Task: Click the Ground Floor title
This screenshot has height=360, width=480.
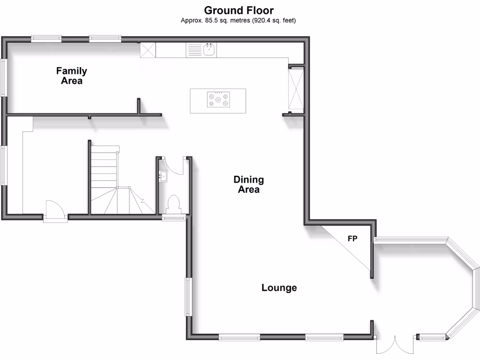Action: (x=239, y=10)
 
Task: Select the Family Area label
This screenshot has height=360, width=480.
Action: (x=71, y=76)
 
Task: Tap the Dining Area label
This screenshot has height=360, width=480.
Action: (x=248, y=185)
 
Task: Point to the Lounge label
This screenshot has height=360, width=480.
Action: (x=279, y=288)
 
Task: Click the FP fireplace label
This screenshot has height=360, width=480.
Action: (x=352, y=239)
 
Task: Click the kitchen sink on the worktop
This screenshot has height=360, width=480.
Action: (x=209, y=50)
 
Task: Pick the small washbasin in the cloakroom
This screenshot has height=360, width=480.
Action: (x=163, y=176)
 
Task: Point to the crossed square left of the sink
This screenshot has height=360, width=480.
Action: (x=148, y=50)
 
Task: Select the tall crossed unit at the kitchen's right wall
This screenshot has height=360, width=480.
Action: (x=296, y=89)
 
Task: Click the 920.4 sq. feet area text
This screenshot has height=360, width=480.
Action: (x=274, y=21)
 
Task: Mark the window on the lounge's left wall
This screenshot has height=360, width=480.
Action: (x=188, y=297)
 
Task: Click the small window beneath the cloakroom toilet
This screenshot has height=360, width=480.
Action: (x=174, y=217)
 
